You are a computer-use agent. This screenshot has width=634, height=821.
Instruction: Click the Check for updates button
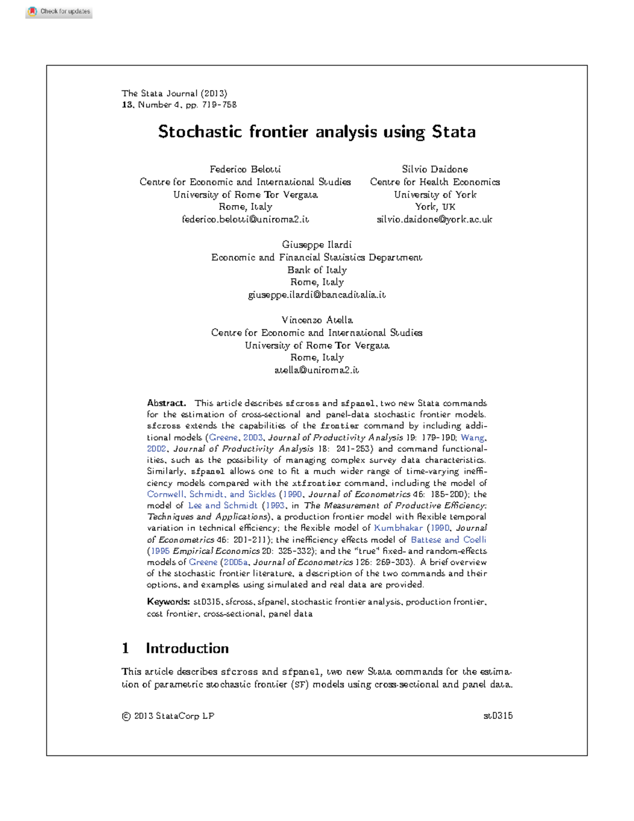point(59,12)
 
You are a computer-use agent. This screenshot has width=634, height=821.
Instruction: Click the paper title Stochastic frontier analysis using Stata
point(316,132)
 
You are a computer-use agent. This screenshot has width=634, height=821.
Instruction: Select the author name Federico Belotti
point(245,169)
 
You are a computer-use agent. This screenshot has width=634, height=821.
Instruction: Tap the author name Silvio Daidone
point(435,169)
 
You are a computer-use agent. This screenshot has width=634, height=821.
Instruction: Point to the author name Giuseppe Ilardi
point(316,245)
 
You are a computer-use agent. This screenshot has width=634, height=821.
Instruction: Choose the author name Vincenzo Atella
point(316,320)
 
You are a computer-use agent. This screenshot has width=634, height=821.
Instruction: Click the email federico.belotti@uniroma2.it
point(245,219)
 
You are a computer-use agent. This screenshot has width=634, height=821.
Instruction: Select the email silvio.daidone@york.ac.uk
point(434,219)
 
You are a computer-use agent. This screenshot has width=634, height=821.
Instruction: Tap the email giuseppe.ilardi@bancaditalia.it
point(316,295)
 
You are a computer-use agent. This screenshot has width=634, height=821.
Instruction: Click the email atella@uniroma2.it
point(316,370)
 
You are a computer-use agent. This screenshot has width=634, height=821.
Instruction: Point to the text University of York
point(435,195)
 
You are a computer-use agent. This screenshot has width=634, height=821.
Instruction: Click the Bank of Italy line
point(316,270)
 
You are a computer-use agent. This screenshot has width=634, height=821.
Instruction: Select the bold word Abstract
point(166,403)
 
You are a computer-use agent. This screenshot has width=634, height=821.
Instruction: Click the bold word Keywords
point(168,602)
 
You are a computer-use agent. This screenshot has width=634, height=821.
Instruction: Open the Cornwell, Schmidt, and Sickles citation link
point(211,494)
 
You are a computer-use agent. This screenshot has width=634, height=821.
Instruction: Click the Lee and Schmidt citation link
point(222,505)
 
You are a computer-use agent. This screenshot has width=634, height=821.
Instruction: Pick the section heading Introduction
point(187,649)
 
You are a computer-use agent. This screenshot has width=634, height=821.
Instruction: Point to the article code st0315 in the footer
point(498,716)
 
